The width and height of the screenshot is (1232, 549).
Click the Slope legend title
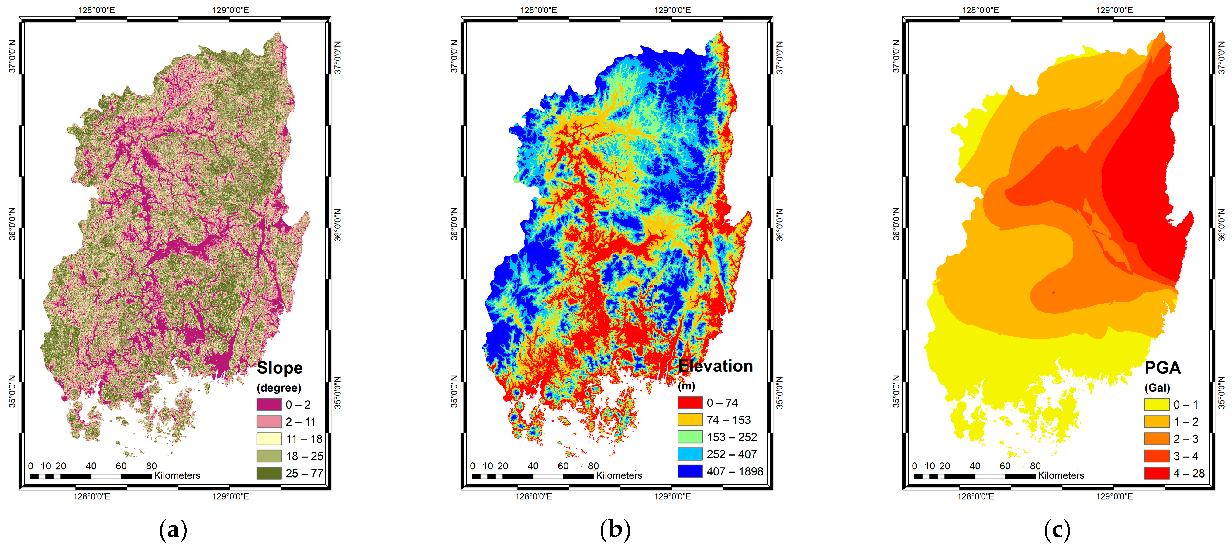click(x=280, y=368)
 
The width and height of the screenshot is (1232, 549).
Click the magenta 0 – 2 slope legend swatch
click(x=269, y=405)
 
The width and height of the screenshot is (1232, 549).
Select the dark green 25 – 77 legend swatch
click(x=269, y=473)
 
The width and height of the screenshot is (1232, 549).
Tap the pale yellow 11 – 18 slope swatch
click(x=269, y=439)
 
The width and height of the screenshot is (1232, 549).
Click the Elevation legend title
click(x=716, y=366)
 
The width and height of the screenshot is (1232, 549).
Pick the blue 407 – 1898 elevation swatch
click(x=690, y=471)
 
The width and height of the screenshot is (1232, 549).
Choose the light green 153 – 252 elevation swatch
click(x=690, y=437)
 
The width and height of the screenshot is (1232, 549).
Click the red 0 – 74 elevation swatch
click(x=690, y=403)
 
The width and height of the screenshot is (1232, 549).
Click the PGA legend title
click(x=1162, y=368)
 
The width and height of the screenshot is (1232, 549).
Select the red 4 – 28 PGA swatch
click(x=1156, y=473)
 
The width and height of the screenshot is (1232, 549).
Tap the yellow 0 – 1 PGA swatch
click(x=1156, y=405)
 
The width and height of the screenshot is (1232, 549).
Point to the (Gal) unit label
click(x=1158, y=388)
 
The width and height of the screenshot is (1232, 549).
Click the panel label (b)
click(x=615, y=530)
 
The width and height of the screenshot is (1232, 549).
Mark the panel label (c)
click(x=1057, y=530)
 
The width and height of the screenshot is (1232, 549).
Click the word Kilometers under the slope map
click(x=177, y=476)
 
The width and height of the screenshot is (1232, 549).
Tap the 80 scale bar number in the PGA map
click(x=1035, y=466)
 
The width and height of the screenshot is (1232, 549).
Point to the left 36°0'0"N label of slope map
click(x=12, y=224)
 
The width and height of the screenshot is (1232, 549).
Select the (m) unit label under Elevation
click(x=686, y=386)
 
